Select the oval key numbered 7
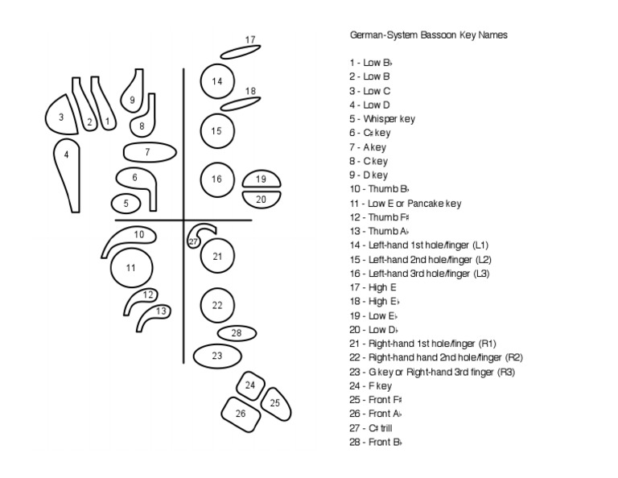click(149, 151)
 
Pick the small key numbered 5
click(126, 204)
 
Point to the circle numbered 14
click(216, 81)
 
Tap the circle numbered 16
click(216, 179)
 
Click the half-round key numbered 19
click(260, 179)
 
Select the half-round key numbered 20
click(260, 199)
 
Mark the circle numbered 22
click(216, 305)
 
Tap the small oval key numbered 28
click(236, 332)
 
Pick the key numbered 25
click(274, 402)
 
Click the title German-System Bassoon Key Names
click(428, 35)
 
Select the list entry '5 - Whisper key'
click(382, 119)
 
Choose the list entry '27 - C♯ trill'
click(375, 428)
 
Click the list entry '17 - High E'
click(373, 287)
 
